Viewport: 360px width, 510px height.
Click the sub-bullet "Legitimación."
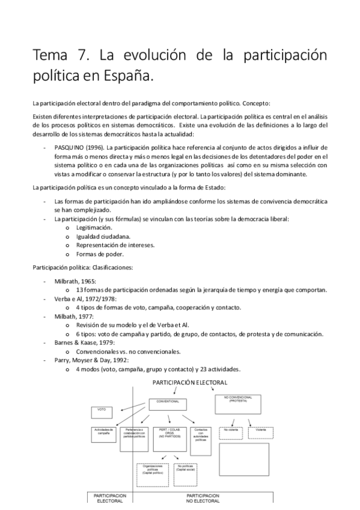pos(94,228)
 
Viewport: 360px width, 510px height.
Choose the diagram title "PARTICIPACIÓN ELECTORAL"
pos(190,382)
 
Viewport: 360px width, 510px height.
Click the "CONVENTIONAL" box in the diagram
pos(168,401)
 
